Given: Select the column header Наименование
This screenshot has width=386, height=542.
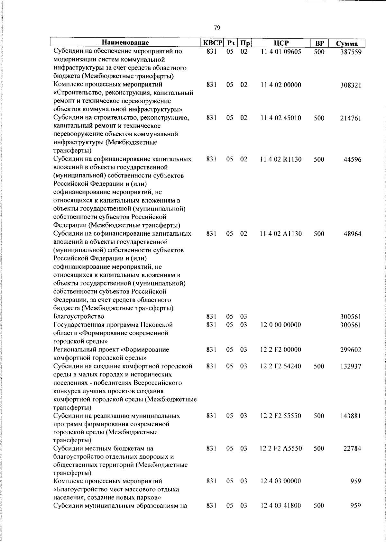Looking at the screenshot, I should pyautogui.click(x=125, y=43).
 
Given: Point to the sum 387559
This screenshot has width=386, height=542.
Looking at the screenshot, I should pyautogui.click(x=351, y=52).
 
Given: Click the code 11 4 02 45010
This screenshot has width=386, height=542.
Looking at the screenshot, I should pyautogui.click(x=281, y=118).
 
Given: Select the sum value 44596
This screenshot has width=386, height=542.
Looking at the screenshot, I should pyautogui.click(x=353, y=159).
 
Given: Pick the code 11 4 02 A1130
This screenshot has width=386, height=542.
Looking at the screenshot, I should pyautogui.click(x=281, y=234).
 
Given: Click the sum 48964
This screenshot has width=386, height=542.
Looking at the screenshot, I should pyautogui.click(x=353, y=234).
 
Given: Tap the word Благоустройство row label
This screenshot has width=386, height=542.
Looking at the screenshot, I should pyautogui.click(x=79, y=317).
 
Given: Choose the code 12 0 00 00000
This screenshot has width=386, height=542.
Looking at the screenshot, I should pyautogui.click(x=281, y=325).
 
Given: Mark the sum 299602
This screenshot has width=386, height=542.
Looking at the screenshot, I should pyautogui.click(x=351, y=350).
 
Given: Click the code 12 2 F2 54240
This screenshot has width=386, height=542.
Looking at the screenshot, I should pyautogui.click(x=281, y=366).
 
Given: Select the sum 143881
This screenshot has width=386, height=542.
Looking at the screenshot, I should pyautogui.click(x=351, y=416).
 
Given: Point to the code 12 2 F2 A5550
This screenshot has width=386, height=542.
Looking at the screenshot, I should pyautogui.click(x=281, y=448).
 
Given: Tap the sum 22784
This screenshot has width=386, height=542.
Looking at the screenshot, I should pyautogui.click(x=353, y=449).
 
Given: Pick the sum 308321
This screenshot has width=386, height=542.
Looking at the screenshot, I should pyautogui.click(x=351, y=86).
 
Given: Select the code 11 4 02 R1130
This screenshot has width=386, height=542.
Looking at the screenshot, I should pyautogui.click(x=281, y=159).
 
